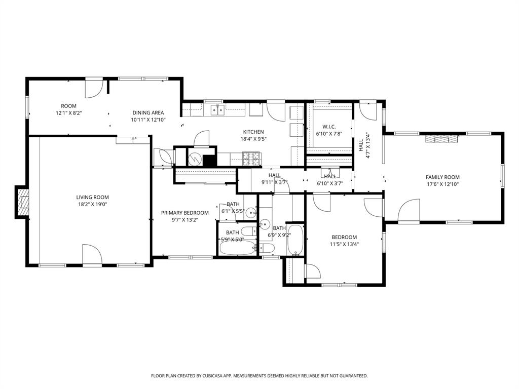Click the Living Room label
coord(92,198)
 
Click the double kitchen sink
coord(218,109)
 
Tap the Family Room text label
coord(442,177)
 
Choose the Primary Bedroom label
coord(185,213)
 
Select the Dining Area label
coord(148,113)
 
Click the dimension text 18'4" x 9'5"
coord(253,138)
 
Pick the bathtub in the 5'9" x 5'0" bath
coord(238,249)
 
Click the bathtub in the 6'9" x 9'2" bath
coord(295,241)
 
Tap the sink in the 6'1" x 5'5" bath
coord(251,213)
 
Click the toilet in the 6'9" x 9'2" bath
coord(267,248)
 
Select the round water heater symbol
coord(195,159)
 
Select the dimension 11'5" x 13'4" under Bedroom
coord(344,244)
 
